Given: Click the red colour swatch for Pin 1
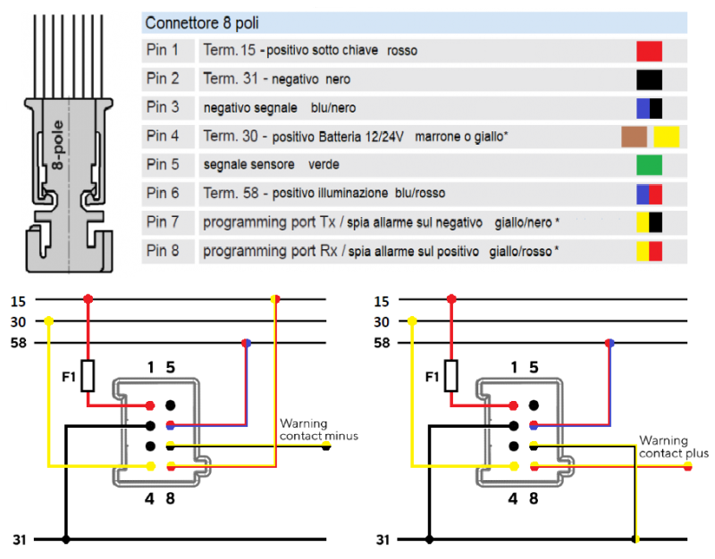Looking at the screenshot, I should click(x=649, y=51).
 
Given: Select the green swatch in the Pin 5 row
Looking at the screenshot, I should click(x=649, y=165).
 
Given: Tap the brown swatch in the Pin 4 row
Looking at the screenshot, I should click(x=634, y=137).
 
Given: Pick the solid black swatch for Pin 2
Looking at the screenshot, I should click(x=649, y=79).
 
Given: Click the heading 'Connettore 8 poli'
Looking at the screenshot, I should click(x=202, y=21).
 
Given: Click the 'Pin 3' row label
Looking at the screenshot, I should click(x=163, y=108).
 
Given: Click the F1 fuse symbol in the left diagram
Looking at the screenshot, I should click(x=88, y=376).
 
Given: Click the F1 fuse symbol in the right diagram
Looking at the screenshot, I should click(x=451, y=376).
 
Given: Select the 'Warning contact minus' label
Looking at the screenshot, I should click(x=319, y=430).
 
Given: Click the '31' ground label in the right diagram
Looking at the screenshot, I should click(x=383, y=539).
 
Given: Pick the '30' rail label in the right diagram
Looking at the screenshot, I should click(x=383, y=321).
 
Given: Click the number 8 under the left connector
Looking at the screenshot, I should click(x=170, y=499).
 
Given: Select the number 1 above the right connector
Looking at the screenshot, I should click(x=514, y=366).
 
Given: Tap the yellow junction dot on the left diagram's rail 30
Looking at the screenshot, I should click(x=48, y=321).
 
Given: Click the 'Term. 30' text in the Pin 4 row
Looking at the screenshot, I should click(x=231, y=137).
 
